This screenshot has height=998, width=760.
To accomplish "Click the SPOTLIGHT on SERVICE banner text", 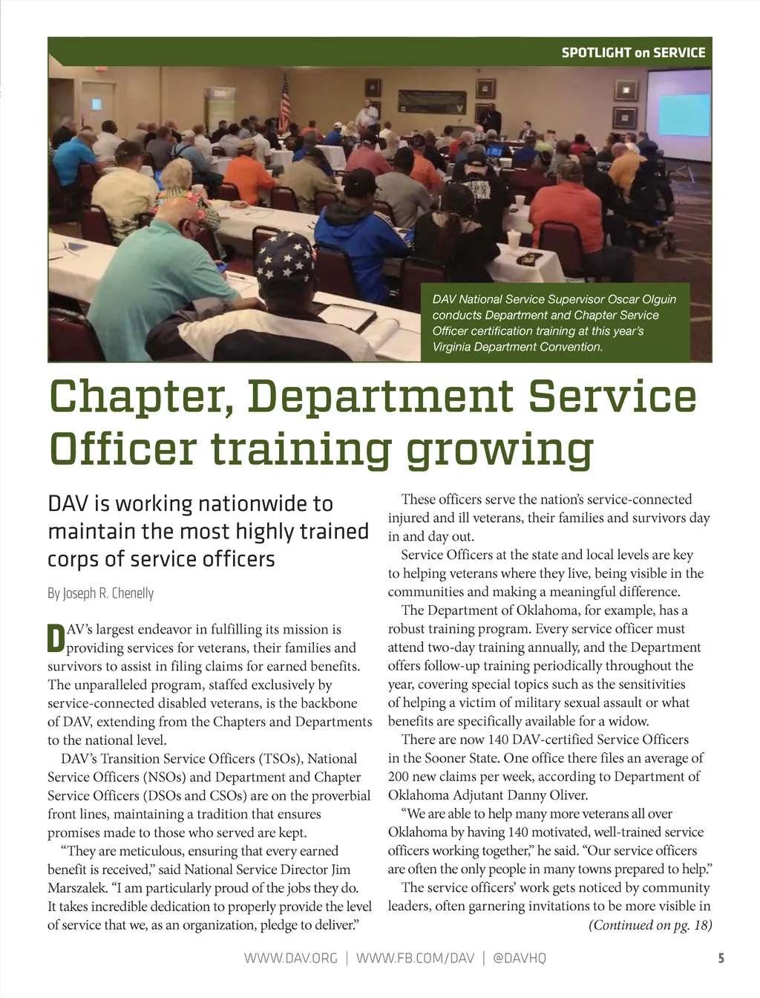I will [633, 53].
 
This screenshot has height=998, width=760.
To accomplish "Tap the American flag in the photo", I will [285, 104].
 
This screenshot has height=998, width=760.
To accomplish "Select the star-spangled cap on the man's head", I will [285, 257].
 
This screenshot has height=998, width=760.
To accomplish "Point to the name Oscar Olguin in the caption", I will [642, 299].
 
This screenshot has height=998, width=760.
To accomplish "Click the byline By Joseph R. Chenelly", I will [101, 593].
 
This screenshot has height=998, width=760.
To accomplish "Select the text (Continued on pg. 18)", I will [649, 925].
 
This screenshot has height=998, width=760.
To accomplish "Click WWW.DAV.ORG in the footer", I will [290, 958].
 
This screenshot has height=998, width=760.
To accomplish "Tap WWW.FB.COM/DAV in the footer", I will [415, 958].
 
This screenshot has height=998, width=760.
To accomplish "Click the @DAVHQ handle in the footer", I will [520, 958].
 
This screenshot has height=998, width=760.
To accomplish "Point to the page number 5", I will [721, 958].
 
